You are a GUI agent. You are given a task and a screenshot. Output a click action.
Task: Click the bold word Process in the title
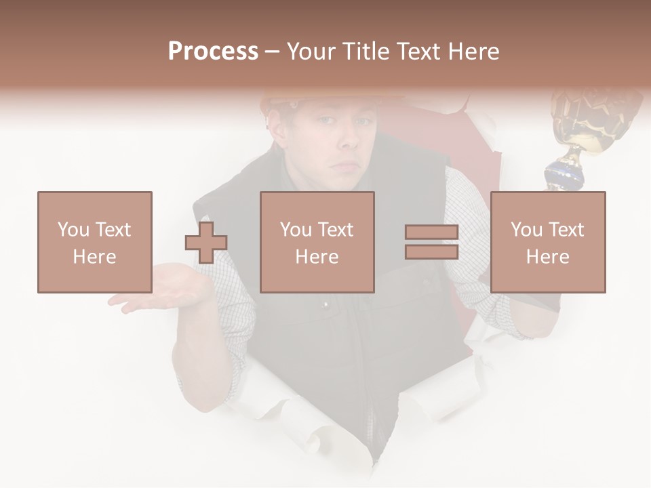coord(213,52)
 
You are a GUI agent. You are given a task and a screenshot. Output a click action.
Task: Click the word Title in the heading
coord(367,52)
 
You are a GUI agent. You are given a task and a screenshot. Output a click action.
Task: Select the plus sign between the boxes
coord(206,243)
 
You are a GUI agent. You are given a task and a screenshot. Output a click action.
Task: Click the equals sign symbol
coord(431,242)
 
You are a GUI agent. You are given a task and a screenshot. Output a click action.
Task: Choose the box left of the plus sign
coord(95,242)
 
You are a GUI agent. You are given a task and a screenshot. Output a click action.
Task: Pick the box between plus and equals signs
coord(317,242)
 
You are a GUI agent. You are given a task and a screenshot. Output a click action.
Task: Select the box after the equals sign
coord(548,242)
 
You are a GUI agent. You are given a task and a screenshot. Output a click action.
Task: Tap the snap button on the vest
coord(324,306)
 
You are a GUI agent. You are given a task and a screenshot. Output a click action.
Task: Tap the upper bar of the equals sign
coord(431,232)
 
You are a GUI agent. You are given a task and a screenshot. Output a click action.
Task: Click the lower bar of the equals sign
coord(431,251)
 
